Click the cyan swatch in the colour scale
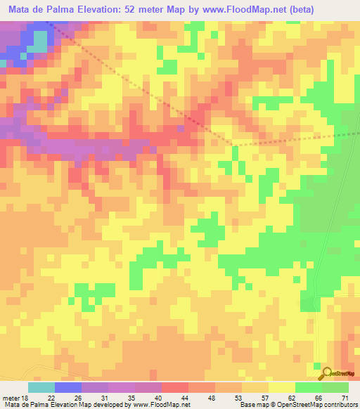coord(41,387)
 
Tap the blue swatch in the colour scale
coord(68,387)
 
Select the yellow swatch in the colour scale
coord(281,387)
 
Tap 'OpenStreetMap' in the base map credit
coord(295,405)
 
